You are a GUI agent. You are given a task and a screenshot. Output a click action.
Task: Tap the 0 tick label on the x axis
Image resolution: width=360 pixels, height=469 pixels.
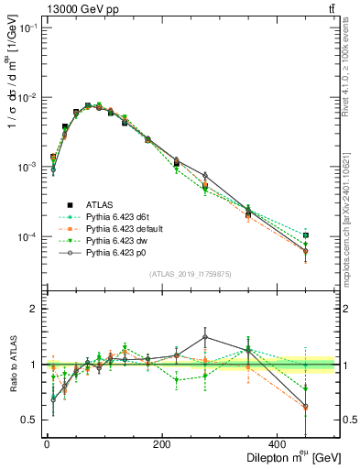pos(47,444)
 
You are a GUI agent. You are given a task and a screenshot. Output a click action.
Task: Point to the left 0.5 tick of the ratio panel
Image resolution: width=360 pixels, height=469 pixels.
pos(32,420)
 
